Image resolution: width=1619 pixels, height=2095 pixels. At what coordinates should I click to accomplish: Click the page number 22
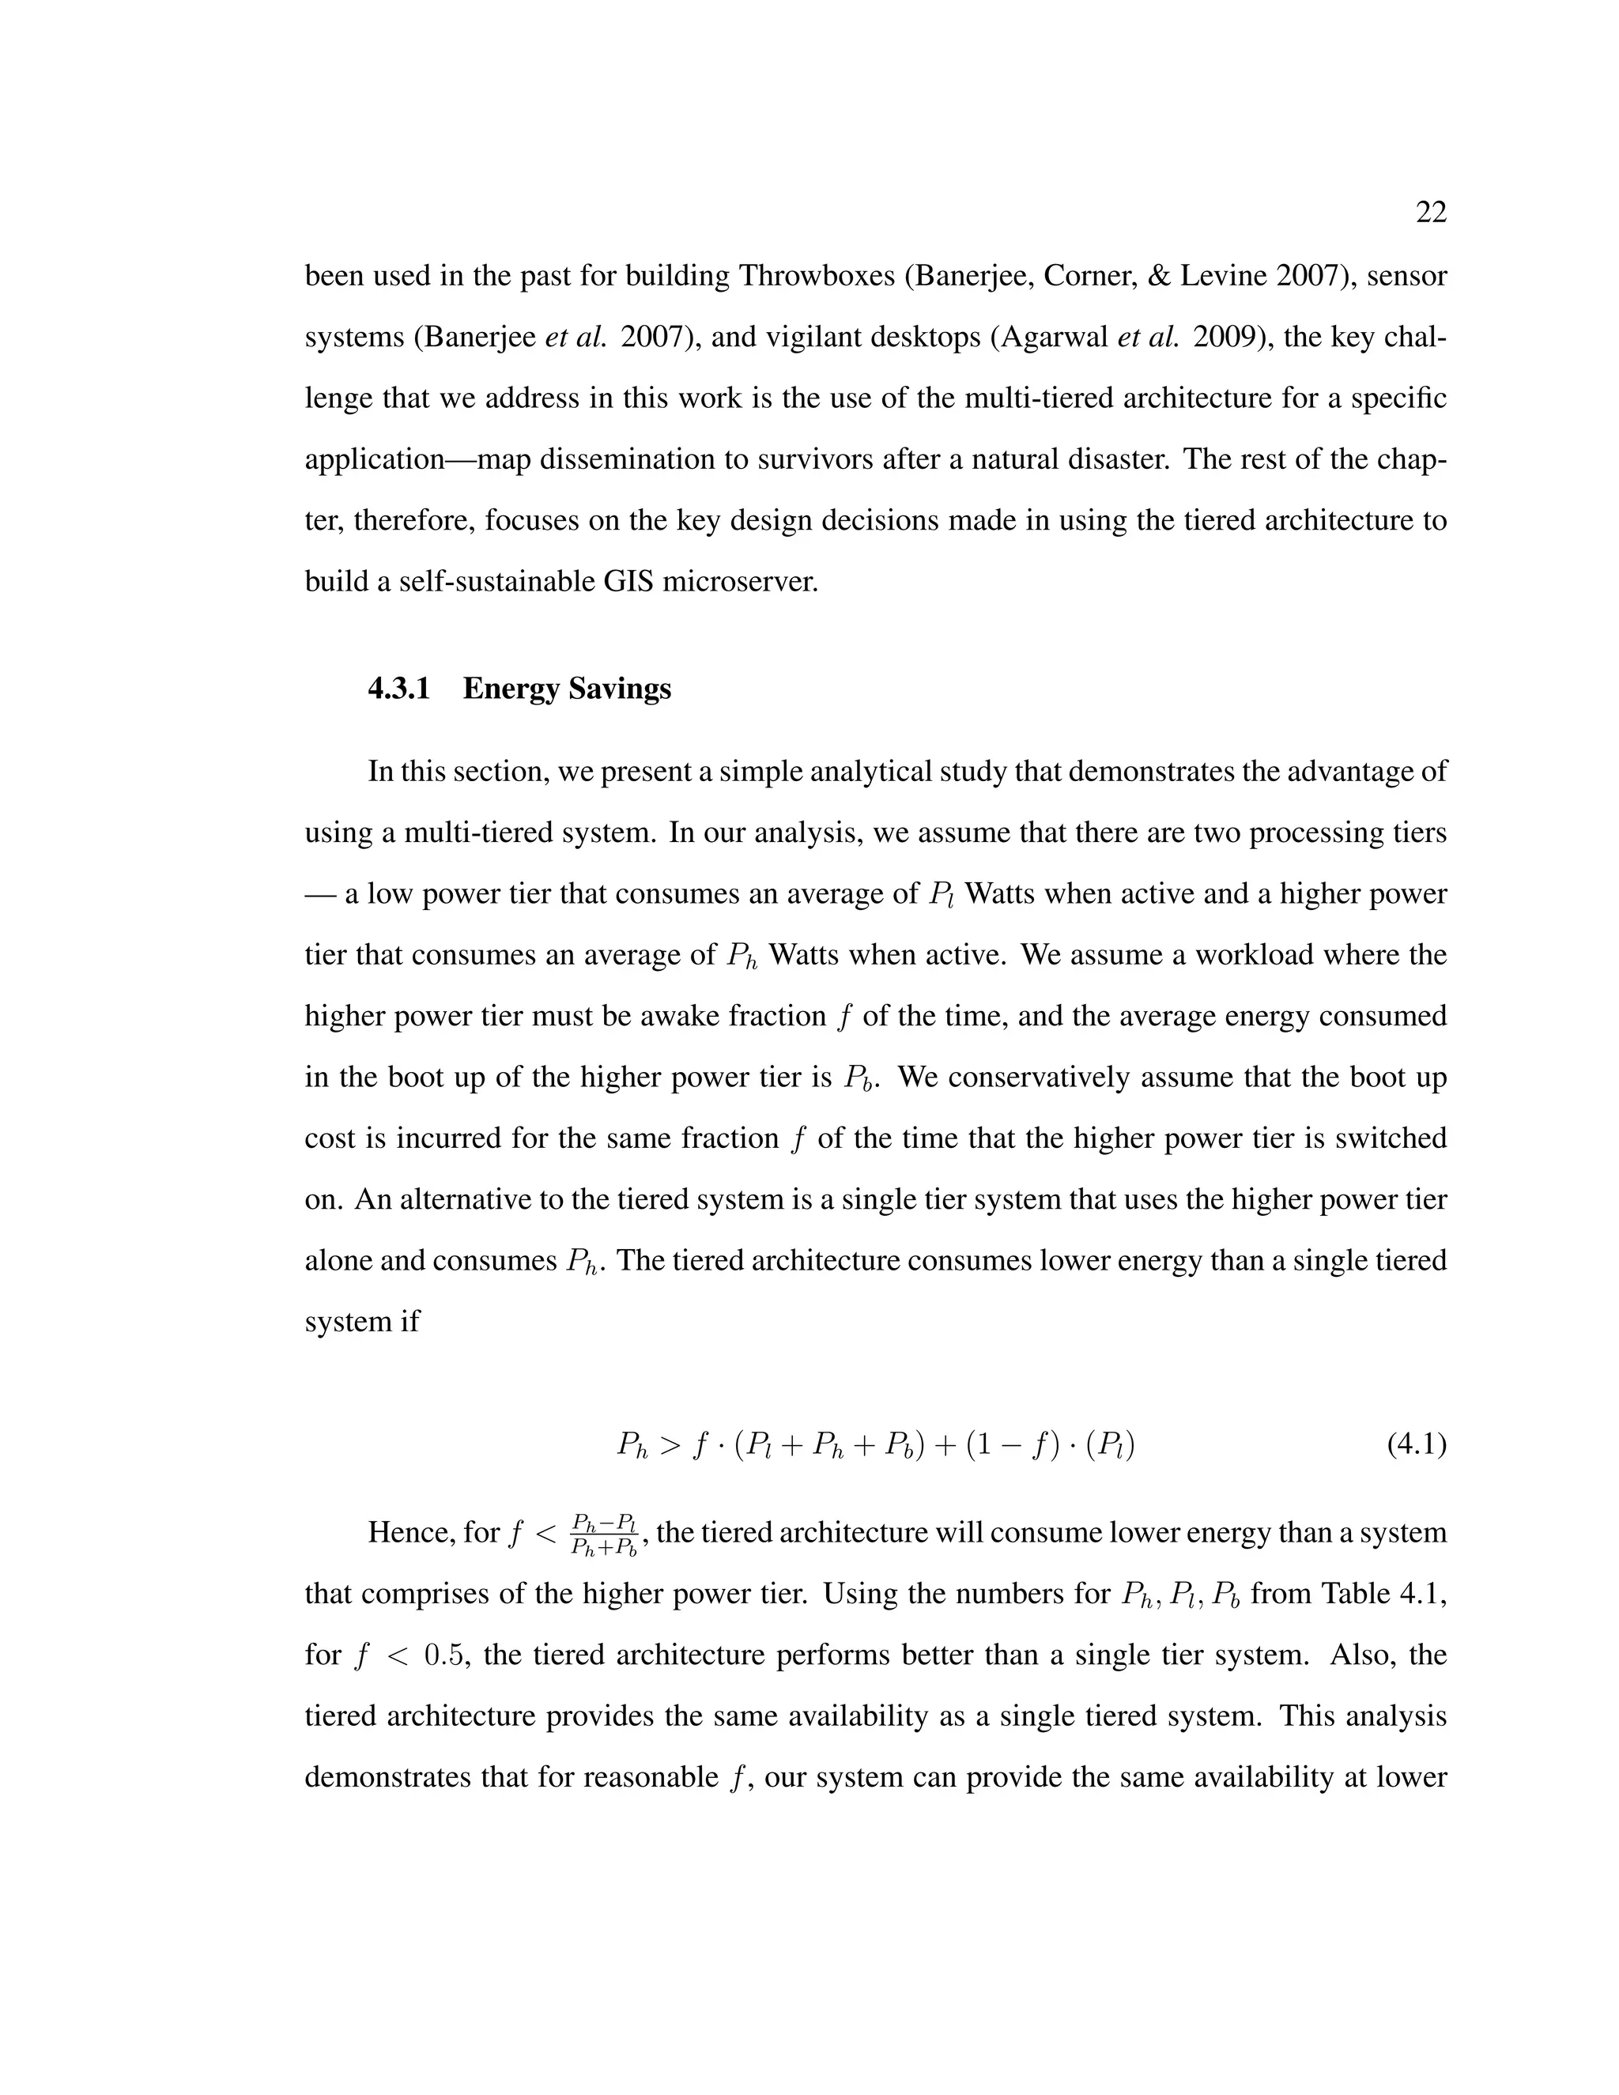click(x=1430, y=213)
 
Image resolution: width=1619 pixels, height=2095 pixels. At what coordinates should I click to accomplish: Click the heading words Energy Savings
click(x=566, y=689)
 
